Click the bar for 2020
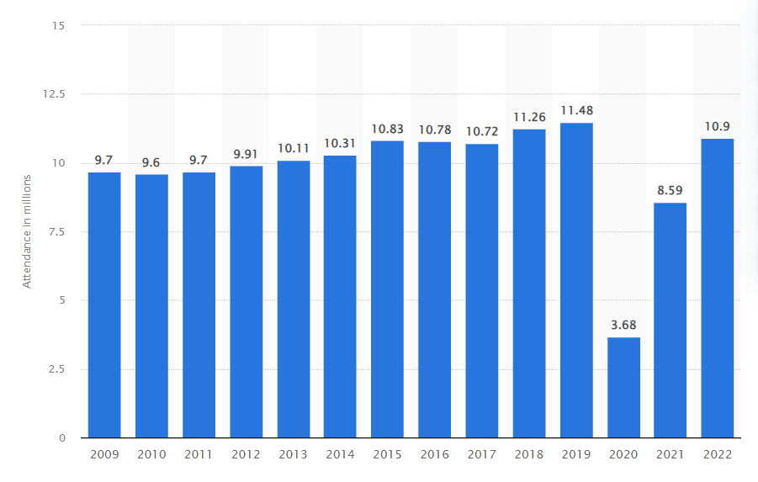pos(623,388)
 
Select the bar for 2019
pos(576,280)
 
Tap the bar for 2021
pos(671,320)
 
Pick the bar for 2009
pos(104,305)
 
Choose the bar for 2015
pos(387,289)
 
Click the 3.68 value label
pos(623,324)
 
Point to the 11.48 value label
pos(576,109)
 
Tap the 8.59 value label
pos(671,189)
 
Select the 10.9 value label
pos(718,125)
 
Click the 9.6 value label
pos(151,161)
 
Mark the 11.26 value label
pos(529,116)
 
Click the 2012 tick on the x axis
pos(246,454)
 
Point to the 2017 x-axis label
pos(482,454)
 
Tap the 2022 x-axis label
pos(718,454)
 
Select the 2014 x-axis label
pos(340,454)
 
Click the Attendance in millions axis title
pos(27,231)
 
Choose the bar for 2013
pos(293,299)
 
